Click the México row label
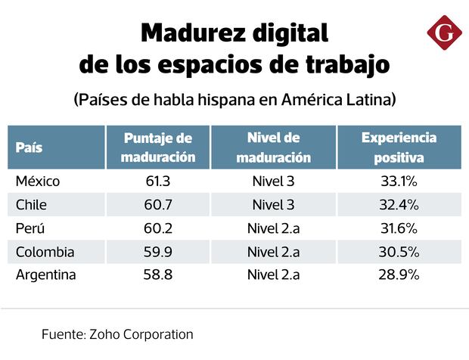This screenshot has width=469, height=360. (x=38, y=182)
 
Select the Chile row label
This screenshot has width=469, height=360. (x=32, y=205)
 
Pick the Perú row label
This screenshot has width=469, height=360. (x=32, y=228)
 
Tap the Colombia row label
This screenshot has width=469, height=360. (x=45, y=252)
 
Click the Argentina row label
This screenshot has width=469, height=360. (x=46, y=275)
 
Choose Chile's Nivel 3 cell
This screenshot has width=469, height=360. (x=273, y=205)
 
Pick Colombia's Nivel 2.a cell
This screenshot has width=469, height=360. (x=273, y=252)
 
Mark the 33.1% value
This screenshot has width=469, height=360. (x=399, y=182)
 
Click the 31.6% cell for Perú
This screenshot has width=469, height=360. (x=399, y=228)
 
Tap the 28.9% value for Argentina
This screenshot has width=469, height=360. (x=399, y=275)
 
